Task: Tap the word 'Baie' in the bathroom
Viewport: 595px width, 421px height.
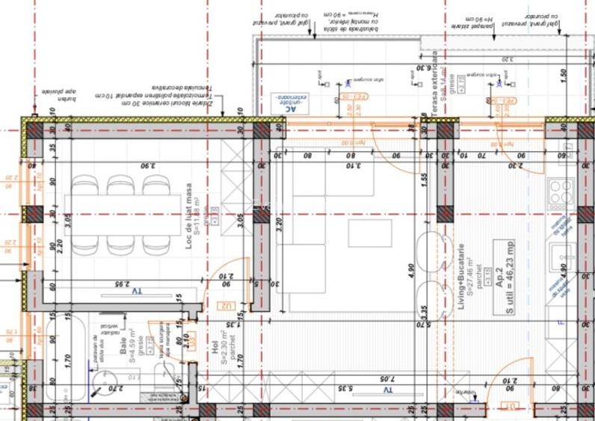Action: (x=122, y=345)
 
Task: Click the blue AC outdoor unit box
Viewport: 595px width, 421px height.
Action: (x=288, y=104)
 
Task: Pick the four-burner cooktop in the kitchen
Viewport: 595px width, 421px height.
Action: (x=561, y=193)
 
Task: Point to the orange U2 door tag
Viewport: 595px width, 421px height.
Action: (x=224, y=304)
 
